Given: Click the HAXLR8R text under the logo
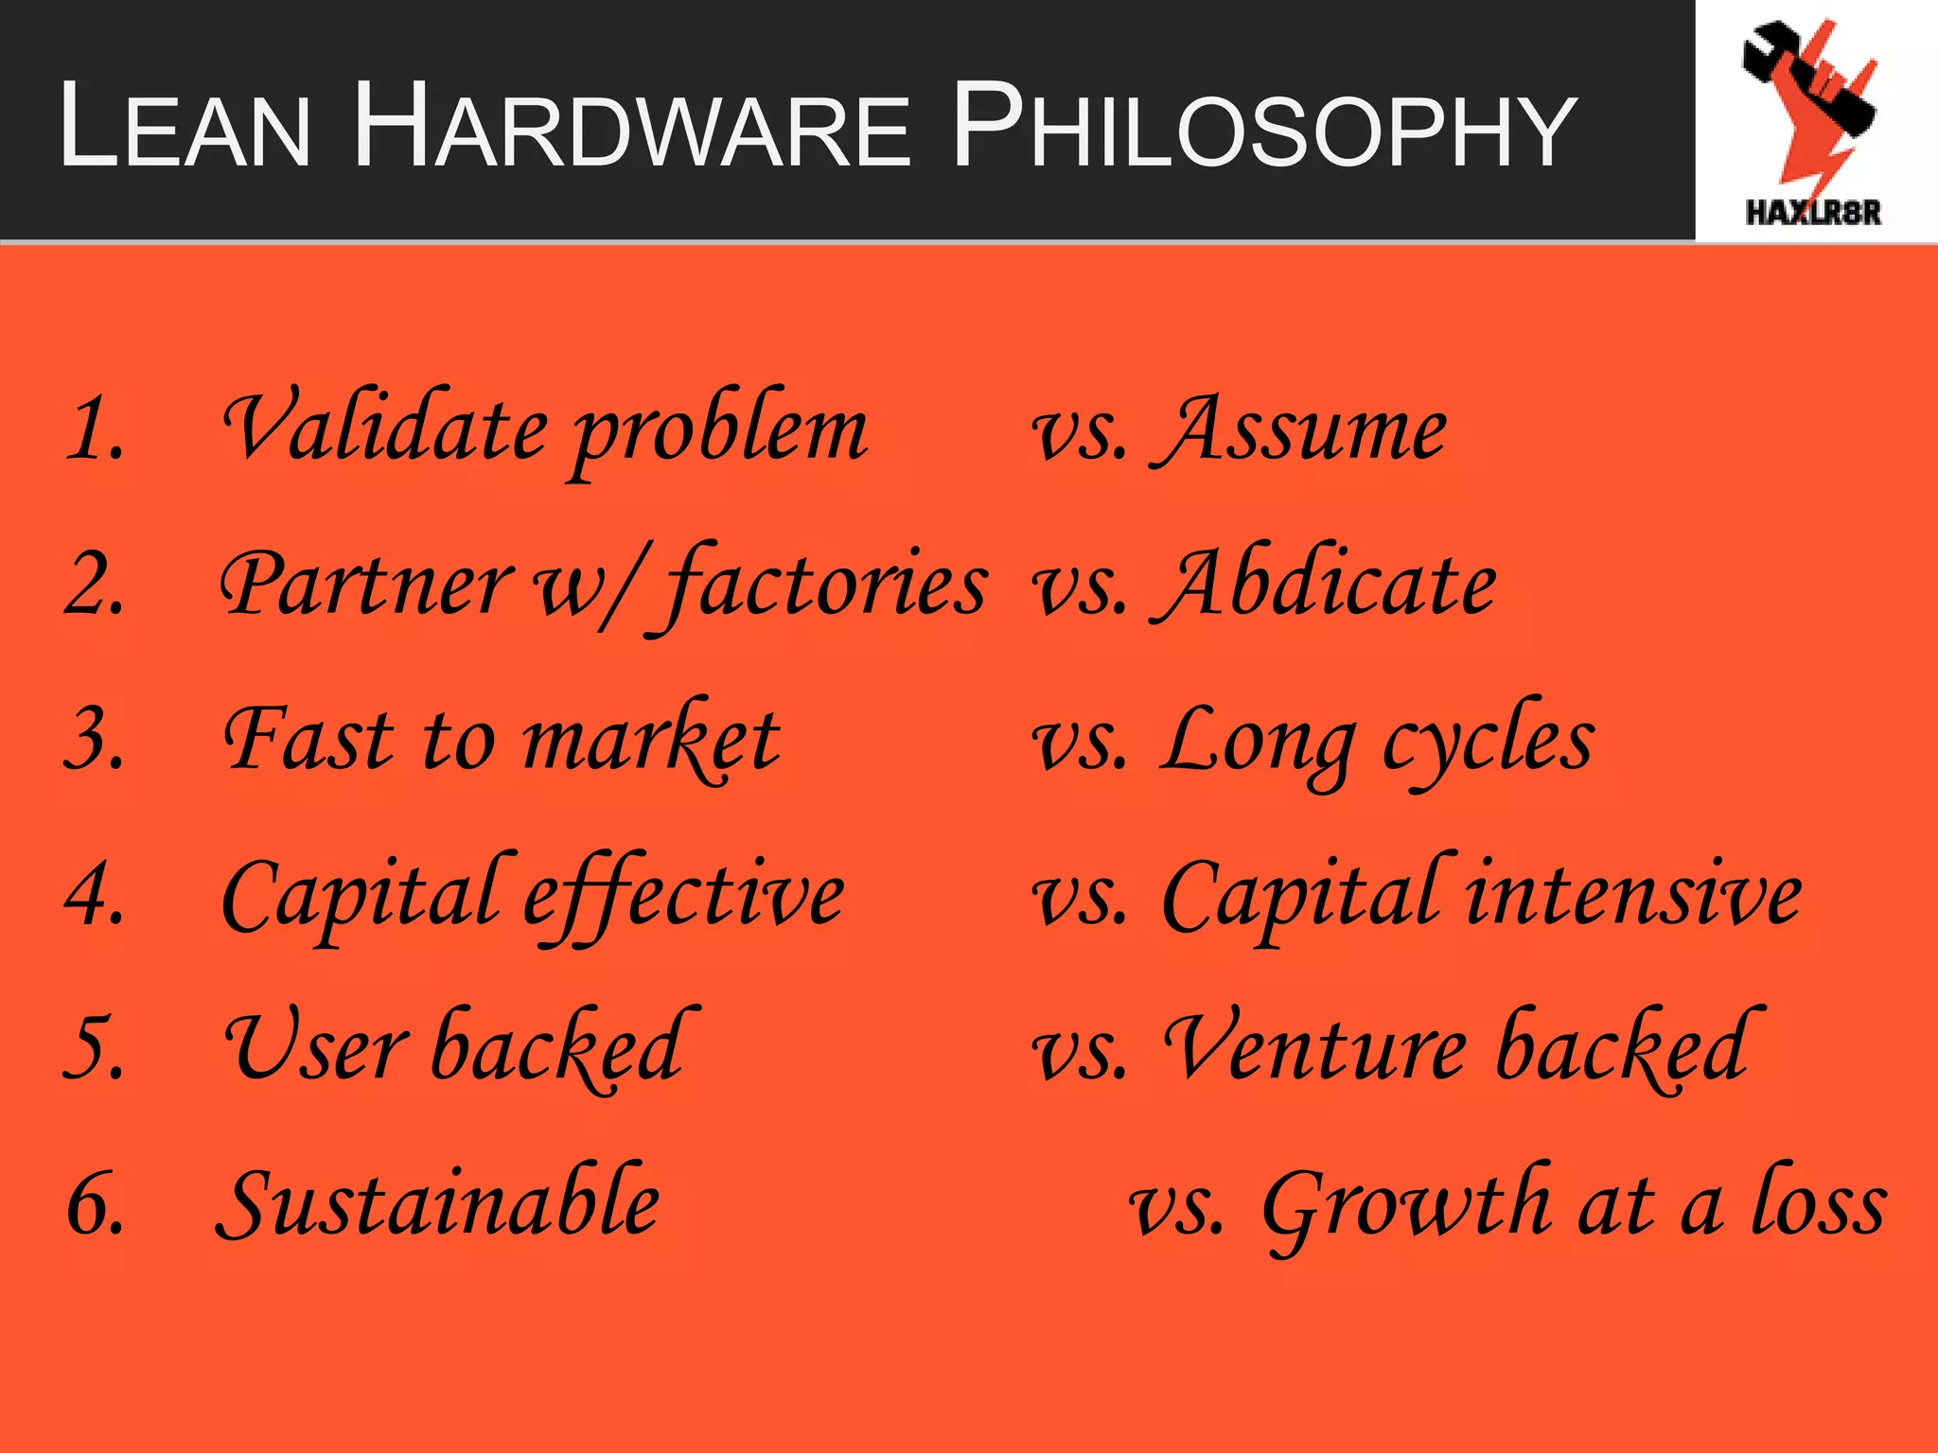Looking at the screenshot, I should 1813,213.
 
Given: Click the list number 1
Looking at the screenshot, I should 95,430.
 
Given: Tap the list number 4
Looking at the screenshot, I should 95,894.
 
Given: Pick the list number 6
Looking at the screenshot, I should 95,1203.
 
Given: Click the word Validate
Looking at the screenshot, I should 385,428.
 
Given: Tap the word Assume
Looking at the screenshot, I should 1302,430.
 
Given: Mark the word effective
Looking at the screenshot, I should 683,894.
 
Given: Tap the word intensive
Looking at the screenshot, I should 1633,894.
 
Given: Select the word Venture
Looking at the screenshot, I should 1315,1048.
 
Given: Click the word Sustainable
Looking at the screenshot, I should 438,1203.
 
